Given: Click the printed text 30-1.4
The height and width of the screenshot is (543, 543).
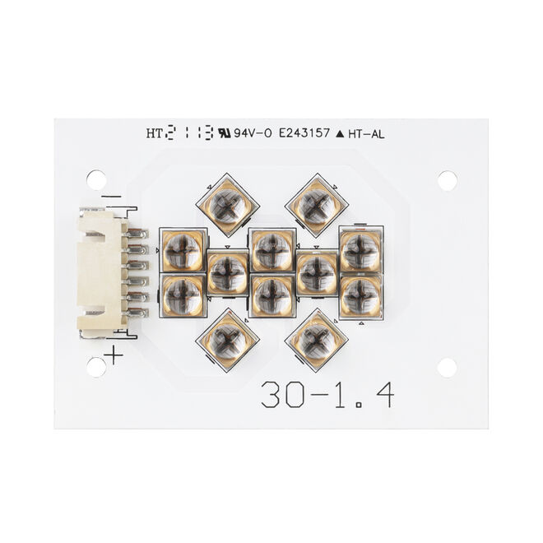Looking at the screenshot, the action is tap(327, 394).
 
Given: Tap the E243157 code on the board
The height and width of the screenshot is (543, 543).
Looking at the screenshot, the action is tap(304, 133).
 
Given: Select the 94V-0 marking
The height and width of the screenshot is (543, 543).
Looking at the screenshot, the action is tap(253, 133).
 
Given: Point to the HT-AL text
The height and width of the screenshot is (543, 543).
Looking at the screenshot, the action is tap(366, 134).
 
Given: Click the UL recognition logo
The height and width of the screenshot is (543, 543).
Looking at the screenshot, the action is tap(225, 133).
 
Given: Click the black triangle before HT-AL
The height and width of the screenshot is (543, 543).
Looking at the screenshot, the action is tap(340, 134).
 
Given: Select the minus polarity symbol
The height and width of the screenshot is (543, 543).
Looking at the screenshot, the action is tap(111, 197).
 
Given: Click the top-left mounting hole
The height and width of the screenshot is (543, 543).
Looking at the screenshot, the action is tap(96, 179).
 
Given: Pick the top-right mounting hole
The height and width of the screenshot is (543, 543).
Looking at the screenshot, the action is tap(447, 180).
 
